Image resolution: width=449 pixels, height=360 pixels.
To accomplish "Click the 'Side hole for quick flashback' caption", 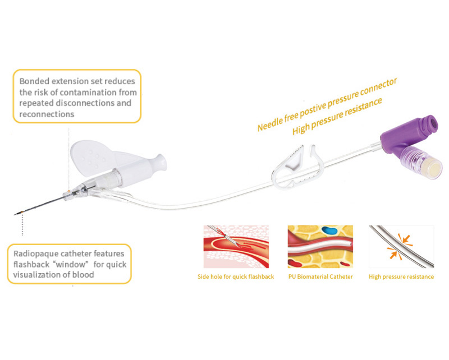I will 236,276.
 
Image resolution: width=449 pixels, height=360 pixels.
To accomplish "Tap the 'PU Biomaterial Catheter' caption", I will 320,276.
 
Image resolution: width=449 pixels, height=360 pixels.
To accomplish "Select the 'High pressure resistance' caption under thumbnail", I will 401,276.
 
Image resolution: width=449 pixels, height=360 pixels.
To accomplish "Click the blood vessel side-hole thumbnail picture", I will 236,247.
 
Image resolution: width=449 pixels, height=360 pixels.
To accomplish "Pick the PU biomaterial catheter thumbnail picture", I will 320,247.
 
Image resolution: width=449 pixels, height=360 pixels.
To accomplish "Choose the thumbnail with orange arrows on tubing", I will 401,247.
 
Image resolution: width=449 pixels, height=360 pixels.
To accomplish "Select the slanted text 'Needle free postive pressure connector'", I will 327,104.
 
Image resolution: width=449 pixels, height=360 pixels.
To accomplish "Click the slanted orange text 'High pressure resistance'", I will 337,117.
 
